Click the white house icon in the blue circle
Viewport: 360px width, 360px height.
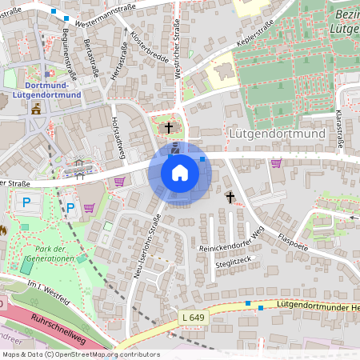[x=180, y=172]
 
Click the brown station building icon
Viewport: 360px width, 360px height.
[x=34, y=109]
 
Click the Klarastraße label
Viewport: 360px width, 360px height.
[x=339, y=129]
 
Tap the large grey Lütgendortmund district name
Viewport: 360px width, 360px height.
[x=276, y=134]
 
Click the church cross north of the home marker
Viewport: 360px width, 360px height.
[x=168, y=127]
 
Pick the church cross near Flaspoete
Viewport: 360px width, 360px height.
[x=230, y=196]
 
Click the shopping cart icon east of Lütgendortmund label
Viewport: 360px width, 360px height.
[x=277, y=163]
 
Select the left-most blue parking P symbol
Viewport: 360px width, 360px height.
[x=27, y=202]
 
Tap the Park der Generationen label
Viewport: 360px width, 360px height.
[x=50, y=254]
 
